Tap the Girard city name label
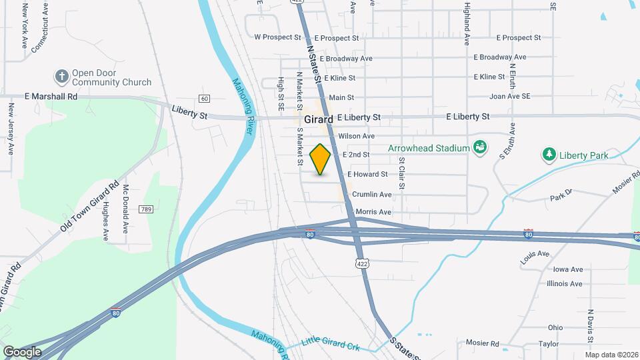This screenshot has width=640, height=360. (x=319, y=119)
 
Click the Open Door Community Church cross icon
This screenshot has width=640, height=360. (x=62, y=75)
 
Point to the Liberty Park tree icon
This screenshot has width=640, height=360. (x=549, y=155)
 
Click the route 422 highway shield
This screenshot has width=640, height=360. (x=361, y=263)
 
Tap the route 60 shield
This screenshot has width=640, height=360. (x=204, y=99)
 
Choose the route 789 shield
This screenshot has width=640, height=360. (x=146, y=209)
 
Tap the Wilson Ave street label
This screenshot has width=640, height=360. (x=357, y=136)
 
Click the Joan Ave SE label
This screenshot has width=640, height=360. (x=509, y=96)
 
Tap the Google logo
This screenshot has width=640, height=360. (x=22, y=351)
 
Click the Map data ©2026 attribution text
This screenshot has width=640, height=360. (x=611, y=354)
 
